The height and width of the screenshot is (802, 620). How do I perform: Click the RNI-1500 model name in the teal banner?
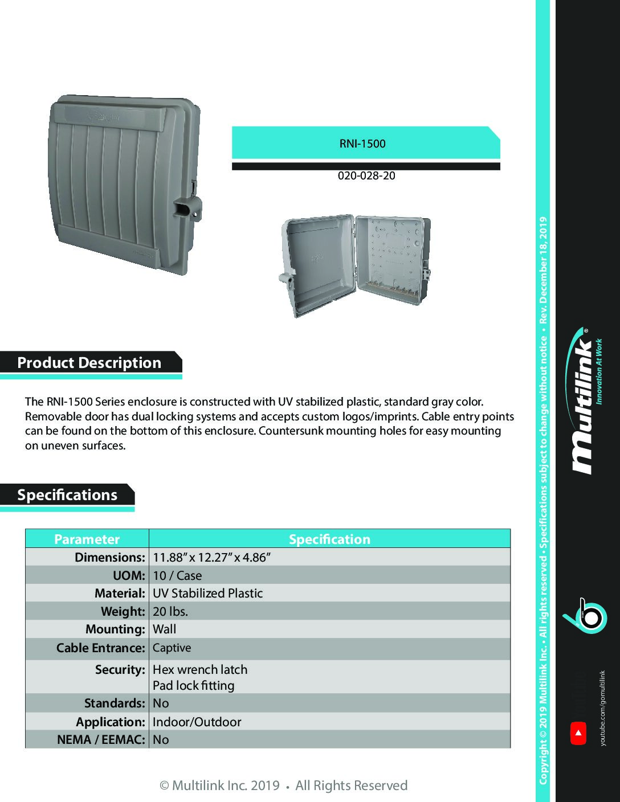362,144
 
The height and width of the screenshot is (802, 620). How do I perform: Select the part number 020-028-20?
366,175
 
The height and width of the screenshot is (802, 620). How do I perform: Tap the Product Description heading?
89,363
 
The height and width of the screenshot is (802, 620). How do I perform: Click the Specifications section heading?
67,494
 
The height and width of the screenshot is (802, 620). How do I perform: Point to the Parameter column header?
87,539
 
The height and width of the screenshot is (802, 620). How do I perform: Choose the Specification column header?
329,539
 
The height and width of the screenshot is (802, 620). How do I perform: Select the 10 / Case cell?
177,575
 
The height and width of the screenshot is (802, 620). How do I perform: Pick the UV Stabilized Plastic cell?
207,593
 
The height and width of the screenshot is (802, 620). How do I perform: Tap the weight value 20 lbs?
170,611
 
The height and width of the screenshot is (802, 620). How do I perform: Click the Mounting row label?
115,629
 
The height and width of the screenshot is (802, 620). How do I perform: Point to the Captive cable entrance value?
172,648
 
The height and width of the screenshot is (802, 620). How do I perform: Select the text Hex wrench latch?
200,669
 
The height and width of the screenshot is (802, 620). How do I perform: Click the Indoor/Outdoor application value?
197,722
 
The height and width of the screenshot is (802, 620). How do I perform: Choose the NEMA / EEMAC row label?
101,739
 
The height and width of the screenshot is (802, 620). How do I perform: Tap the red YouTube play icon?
578,733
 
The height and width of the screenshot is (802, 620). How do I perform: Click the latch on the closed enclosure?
187,209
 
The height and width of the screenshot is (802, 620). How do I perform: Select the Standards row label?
115,703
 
